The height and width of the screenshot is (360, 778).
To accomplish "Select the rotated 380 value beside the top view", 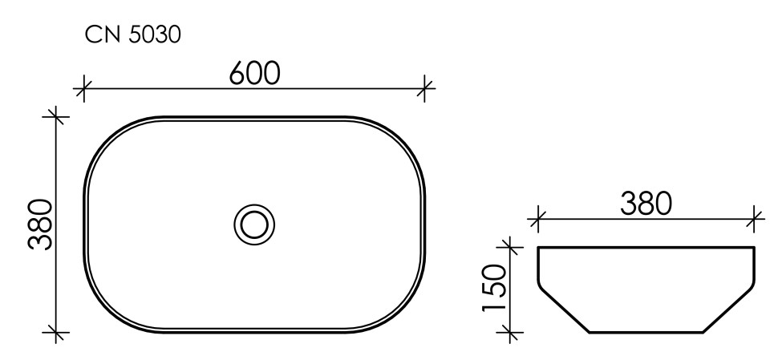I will [40, 224].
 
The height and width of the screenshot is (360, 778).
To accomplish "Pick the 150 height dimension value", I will [494, 287].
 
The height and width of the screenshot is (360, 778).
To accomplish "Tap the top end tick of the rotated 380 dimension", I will [55, 116].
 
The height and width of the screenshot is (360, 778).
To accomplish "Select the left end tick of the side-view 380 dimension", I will [539, 216].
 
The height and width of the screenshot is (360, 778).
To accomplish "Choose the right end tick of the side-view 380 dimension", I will [755, 216].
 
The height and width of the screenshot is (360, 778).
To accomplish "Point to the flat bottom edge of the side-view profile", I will [646, 331].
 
